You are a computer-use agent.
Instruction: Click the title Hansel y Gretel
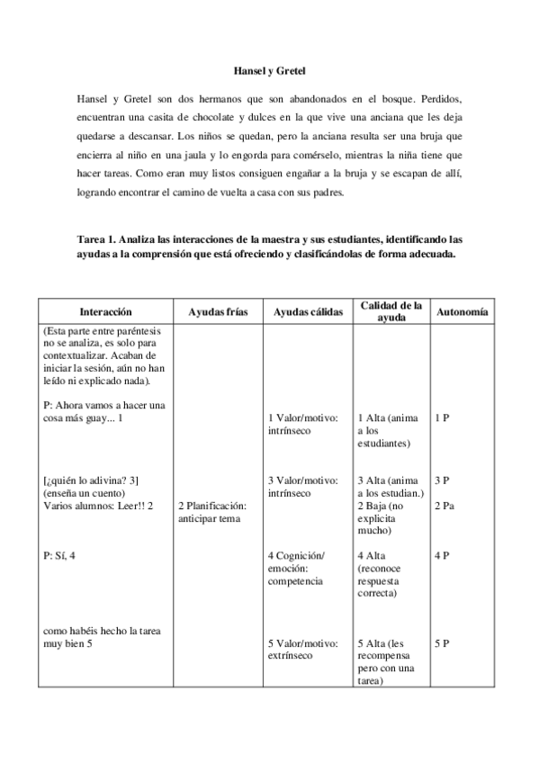click(270, 68)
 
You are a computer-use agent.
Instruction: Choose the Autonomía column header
click(463, 310)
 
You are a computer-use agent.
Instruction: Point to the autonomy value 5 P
click(441, 644)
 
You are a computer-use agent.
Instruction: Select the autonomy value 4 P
click(441, 556)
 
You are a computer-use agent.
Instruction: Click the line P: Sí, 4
click(59, 556)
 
